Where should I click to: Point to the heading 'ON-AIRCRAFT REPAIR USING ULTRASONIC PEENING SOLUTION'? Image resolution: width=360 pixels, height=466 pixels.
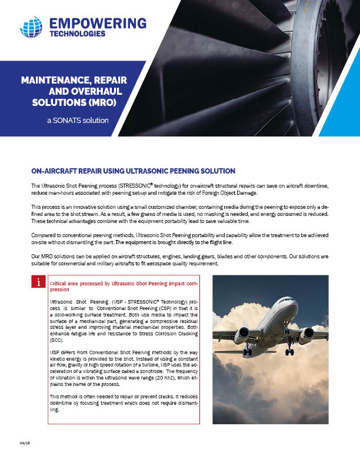pos(133,171)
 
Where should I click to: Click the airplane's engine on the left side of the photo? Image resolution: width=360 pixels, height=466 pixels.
pos(242,337)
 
